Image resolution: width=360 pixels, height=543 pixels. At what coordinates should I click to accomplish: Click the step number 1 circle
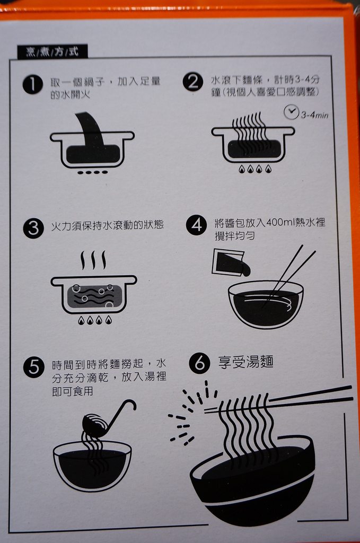coord(32,84)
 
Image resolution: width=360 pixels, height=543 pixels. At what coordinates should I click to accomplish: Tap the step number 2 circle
coord(193,82)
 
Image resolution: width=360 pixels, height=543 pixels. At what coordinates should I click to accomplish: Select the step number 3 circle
coord(33,228)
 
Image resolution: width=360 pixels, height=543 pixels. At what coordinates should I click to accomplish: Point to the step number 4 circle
coord(196,225)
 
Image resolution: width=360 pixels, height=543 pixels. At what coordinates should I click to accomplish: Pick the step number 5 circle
coord(33,367)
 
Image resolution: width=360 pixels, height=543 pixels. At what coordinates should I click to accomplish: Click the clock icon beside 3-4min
coord(291,112)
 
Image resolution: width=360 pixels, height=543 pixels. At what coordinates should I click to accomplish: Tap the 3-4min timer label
coord(314,115)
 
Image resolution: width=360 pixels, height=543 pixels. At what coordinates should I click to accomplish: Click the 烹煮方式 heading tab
coord(52,51)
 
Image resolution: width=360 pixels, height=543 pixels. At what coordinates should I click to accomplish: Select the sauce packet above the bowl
coord(230,263)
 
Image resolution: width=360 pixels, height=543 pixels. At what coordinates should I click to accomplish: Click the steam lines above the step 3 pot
coord(93,260)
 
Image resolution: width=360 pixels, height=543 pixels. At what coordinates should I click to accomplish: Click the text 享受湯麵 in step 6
coord(246,362)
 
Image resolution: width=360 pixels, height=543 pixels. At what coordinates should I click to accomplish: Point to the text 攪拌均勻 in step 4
coord(235,236)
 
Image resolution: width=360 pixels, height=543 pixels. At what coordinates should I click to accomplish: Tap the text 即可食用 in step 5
coord(72,391)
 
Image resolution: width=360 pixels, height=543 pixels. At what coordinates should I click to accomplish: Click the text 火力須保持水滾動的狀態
coord(107,225)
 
